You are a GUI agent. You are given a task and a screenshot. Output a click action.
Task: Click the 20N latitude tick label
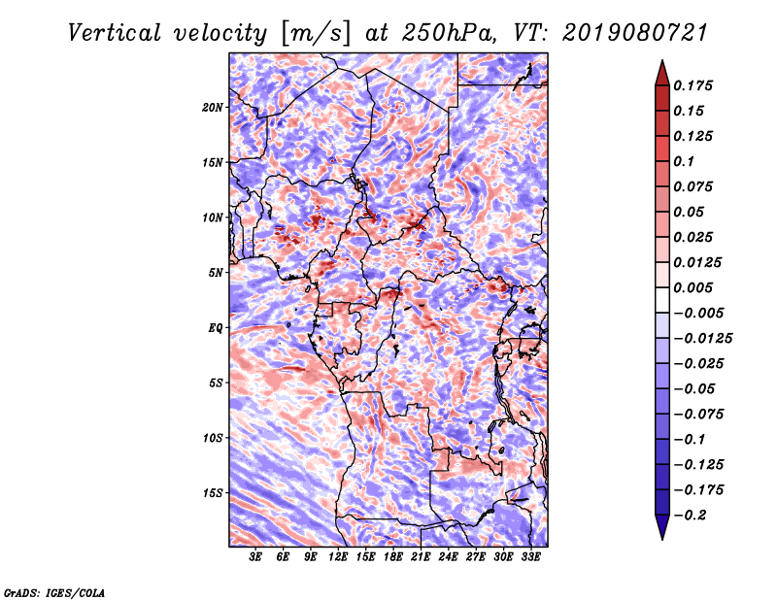[x=214, y=107]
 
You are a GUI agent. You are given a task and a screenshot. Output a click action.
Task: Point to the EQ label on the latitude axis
[x=217, y=327]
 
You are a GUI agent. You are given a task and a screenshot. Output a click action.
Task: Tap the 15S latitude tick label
[x=214, y=492]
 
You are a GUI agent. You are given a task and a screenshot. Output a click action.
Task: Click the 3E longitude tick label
[x=256, y=557]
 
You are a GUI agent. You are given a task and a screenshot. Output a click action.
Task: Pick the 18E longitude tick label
[x=393, y=557]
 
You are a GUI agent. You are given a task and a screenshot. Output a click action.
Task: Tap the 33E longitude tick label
[x=530, y=557]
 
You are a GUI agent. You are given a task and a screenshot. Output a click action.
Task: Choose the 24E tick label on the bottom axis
[x=448, y=557]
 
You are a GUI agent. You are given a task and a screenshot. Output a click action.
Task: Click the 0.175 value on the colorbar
[x=695, y=85]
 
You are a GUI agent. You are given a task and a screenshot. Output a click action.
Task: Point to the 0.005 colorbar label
[x=695, y=287]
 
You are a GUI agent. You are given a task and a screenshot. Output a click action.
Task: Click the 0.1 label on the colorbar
[x=688, y=161]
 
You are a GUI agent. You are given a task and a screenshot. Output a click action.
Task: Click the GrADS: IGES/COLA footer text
[x=54, y=591]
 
